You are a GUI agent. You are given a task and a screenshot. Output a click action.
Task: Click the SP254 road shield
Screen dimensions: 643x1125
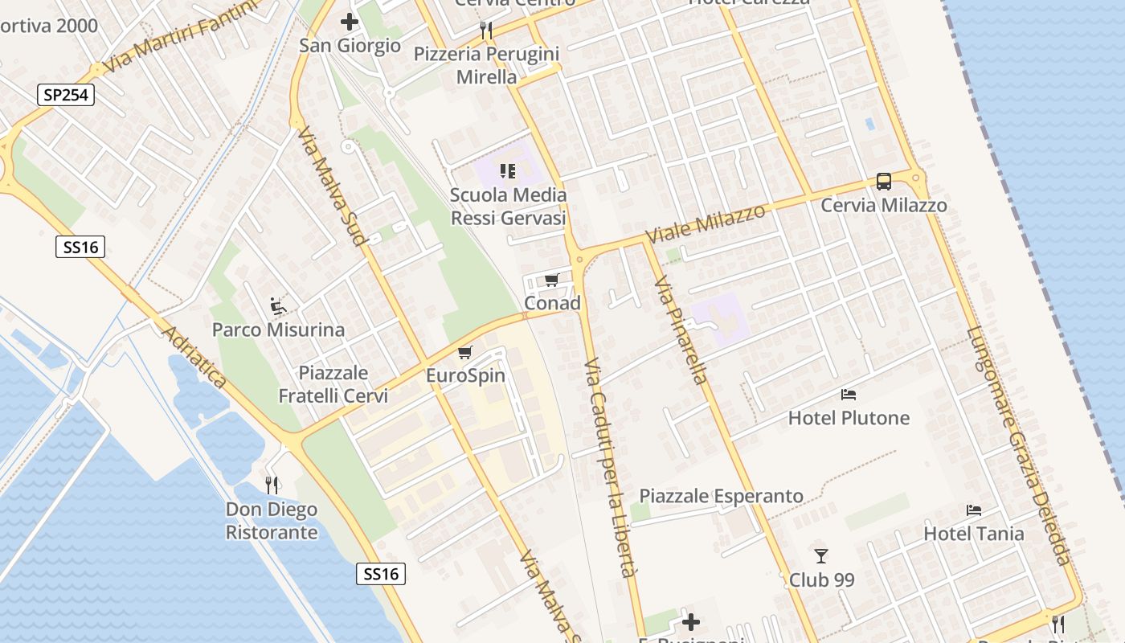coord(66,95)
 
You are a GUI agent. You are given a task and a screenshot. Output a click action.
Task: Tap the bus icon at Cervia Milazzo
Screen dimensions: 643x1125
coord(883,182)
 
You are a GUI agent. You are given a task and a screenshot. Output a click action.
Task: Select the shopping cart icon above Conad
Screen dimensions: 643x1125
coord(551,280)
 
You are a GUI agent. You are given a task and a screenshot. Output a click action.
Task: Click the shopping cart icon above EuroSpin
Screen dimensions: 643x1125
coord(464,352)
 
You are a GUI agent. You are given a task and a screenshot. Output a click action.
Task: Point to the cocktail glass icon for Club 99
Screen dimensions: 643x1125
coord(820,555)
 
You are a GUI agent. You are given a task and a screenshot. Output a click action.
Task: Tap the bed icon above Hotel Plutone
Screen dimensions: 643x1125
coord(849,394)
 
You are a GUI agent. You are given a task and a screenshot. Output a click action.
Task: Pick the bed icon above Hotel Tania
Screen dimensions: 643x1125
coord(973,510)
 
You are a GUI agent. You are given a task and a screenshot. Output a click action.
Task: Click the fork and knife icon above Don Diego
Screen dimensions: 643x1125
coord(272,485)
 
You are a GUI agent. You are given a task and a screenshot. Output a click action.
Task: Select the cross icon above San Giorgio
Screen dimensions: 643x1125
coord(350,22)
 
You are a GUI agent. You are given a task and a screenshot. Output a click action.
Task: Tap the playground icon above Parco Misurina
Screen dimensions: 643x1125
coord(278,306)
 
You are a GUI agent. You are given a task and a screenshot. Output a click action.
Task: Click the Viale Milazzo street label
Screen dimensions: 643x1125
coord(706,224)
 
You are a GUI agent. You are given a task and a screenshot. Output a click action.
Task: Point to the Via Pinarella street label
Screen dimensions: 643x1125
coord(680,330)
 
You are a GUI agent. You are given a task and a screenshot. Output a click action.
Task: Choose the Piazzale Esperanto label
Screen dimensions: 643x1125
coord(721,496)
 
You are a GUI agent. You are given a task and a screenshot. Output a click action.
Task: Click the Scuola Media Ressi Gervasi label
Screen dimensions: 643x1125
coord(508,207)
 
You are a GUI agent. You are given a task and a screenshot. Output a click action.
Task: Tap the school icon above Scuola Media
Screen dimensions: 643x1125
coord(507,170)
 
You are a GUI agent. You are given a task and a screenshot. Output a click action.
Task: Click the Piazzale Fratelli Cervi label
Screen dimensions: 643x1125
coord(333,384)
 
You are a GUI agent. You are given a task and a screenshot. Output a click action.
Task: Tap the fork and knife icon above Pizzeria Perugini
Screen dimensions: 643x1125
coord(485,31)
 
